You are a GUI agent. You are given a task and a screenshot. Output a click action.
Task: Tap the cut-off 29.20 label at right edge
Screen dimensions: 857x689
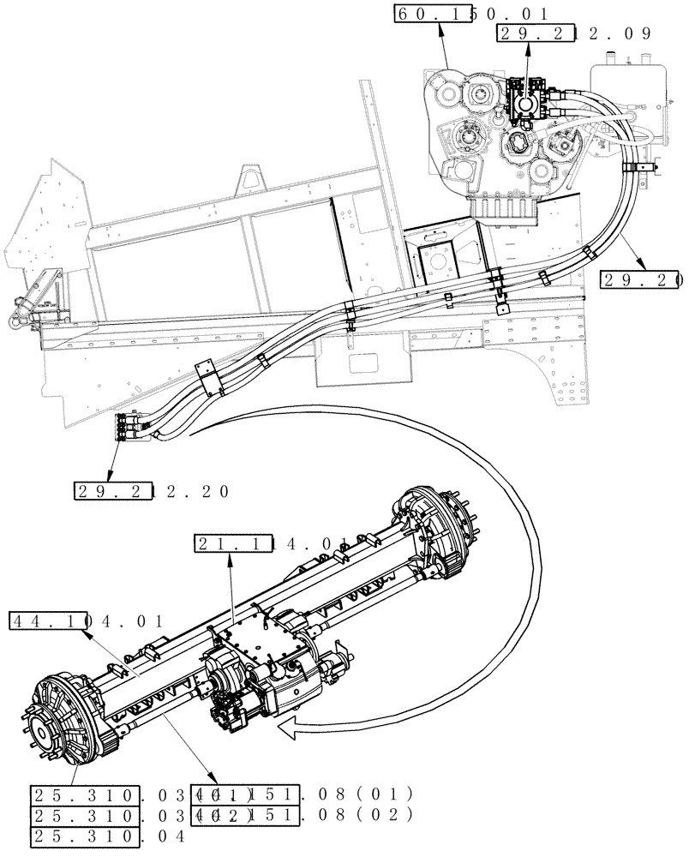[x=641, y=279]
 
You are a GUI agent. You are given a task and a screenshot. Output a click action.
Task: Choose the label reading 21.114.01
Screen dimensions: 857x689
[x=271, y=543]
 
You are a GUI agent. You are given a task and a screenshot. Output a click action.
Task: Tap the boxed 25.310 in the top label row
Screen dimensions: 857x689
[x=86, y=793]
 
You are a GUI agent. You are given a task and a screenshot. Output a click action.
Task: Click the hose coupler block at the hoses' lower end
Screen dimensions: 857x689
[x=129, y=428]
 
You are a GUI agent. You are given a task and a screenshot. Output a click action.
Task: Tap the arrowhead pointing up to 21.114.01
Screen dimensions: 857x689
[x=233, y=558]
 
